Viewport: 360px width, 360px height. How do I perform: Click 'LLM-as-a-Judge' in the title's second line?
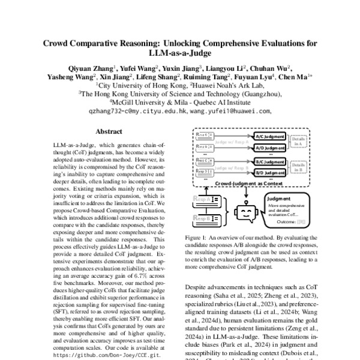point(179,54)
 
